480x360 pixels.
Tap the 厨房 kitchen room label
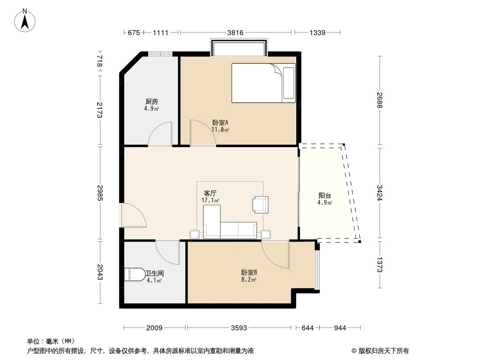tap(151, 102)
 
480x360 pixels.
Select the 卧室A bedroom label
tap(221, 122)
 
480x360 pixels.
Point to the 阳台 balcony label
tap(325, 196)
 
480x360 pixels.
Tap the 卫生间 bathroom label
tap(154, 273)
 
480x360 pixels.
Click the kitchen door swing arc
tap(160, 134)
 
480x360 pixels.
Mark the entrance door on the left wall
tap(133, 215)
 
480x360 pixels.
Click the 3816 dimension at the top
tap(235, 32)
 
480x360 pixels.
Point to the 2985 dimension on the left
tap(100, 193)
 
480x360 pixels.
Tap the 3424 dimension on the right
tap(380, 193)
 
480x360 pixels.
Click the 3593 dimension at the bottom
tap(239, 328)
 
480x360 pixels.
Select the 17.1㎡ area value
tap(210, 200)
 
